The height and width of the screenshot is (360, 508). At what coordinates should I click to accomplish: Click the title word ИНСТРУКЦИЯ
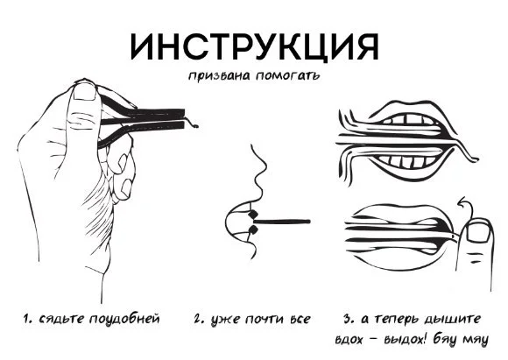(x=254, y=44)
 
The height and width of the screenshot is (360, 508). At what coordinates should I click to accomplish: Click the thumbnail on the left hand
(x=83, y=95)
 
